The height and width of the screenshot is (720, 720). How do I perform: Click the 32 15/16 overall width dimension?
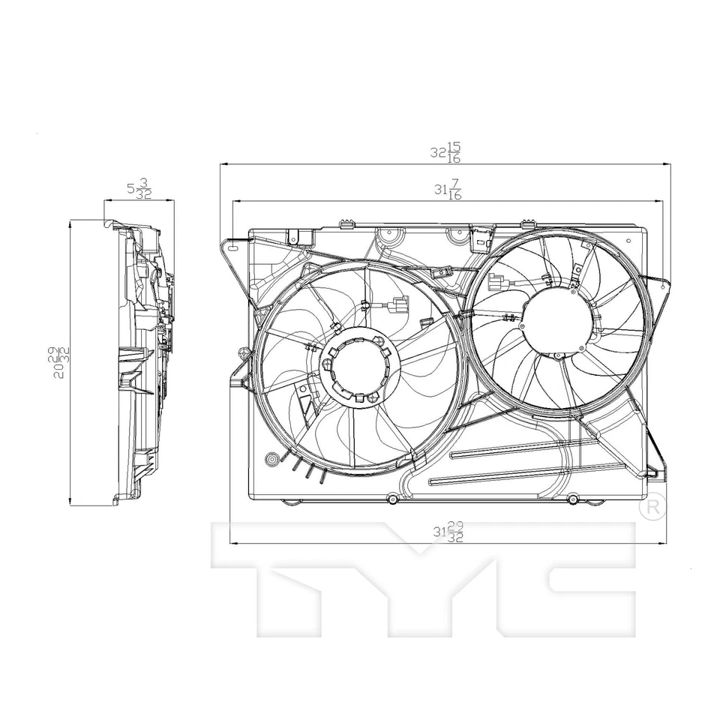(x=445, y=152)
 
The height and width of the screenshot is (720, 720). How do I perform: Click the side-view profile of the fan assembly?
(x=142, y=360)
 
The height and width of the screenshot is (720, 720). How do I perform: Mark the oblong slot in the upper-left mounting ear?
(x=233, y=247)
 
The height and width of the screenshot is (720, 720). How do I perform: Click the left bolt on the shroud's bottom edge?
(x=391, y=499)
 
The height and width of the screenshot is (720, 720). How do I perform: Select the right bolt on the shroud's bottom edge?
(x=572, y=499)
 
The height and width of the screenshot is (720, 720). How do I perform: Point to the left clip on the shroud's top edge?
(x=346, y=223)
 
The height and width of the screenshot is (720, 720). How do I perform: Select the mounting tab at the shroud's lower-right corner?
(x=655, y=469)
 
